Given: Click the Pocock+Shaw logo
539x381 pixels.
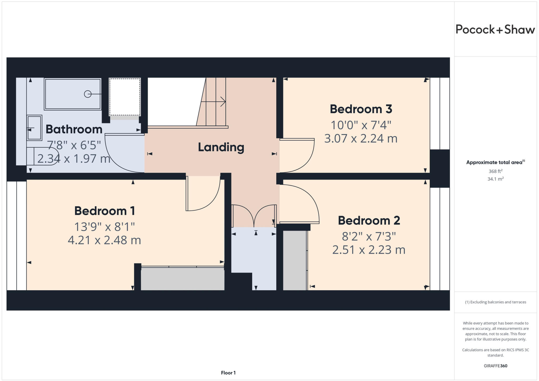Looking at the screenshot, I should point(495,29).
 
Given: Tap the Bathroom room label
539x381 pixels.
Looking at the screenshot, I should point(74,129).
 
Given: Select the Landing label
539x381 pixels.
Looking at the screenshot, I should point(221,147).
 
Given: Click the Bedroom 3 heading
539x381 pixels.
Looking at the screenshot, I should point(361,109).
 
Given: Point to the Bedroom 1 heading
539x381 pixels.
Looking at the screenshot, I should point(104,211).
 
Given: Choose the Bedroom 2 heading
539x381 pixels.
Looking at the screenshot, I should point(369,221).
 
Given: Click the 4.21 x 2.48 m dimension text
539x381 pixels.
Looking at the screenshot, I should point(104,240).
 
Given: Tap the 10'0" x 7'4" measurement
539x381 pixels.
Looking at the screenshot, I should point(361,125).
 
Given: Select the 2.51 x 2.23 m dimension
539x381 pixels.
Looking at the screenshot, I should point(369,250).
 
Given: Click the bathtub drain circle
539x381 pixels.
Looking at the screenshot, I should point(88,94).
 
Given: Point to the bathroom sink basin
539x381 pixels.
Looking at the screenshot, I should point(34,128).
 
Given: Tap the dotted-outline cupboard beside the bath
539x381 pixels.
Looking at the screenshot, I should point(125,97).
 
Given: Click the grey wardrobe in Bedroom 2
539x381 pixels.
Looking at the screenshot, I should point(295,260).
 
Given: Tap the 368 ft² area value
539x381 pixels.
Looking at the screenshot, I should point(495,171).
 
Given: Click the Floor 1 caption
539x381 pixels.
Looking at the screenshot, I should point(228,373).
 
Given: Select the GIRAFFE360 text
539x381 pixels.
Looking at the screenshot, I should point(495,366).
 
